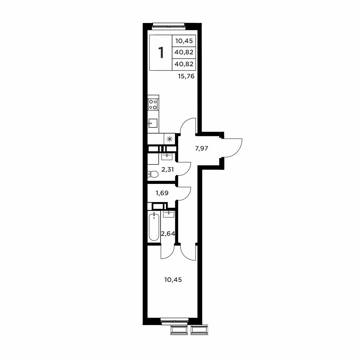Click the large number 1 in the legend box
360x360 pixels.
[x=161, y=53]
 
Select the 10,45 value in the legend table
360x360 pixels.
[x=184, y=41]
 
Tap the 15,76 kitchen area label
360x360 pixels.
[x=186, y=76]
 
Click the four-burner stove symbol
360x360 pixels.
[x=153, y=104]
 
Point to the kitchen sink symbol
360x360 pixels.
[x=153, y=123]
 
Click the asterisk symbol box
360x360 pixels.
[x=170, y=139]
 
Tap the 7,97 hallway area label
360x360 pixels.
[x=201, y=148]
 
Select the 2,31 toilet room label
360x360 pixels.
[x=168, y=170]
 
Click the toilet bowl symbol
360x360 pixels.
[x=153, y=174]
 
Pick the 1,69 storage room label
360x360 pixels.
[x=162, y=193]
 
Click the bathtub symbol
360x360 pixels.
[x=154, y=227]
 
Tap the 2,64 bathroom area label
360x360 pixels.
[x=168, y=234]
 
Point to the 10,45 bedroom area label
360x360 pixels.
[x=173, y=280]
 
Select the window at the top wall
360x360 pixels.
[x=169, y=26]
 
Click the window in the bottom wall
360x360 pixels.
[x=175, y=321]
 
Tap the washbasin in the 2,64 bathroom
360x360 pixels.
[x=169, y=214]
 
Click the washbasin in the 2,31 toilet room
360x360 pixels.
[x=167, y=157]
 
